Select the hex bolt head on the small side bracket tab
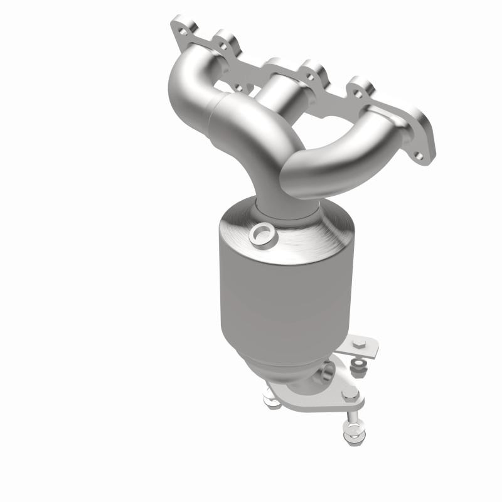click(x=359, y=344)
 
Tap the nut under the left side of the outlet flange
click(x=271, y=397)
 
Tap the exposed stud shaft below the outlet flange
click(x=350, y=414)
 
